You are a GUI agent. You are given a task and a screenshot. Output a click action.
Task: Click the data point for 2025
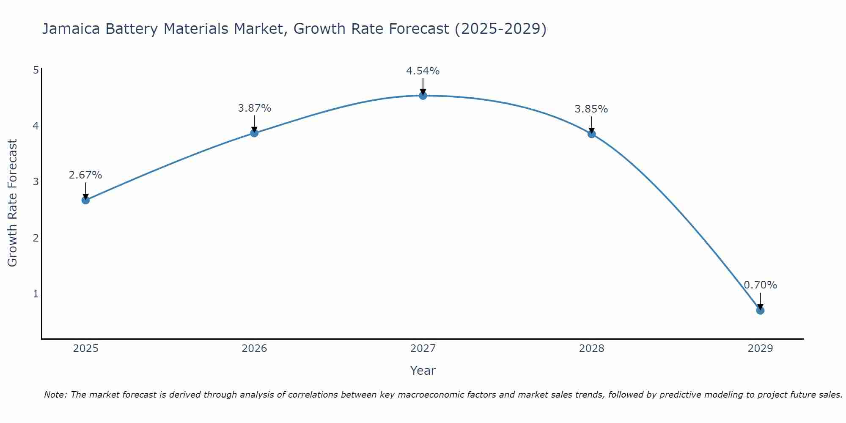85,200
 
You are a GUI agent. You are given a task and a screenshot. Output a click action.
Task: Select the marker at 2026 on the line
254,133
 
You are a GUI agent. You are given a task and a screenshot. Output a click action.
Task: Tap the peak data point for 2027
423,96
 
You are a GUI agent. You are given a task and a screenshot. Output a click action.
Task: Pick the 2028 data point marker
591,134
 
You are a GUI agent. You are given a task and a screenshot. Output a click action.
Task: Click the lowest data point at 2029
760,310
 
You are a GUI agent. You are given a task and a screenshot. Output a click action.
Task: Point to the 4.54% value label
423,71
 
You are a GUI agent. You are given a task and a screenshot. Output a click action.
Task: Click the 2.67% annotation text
85,175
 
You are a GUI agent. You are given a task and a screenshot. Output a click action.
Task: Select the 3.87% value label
254,108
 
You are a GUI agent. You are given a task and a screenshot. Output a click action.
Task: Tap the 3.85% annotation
591,109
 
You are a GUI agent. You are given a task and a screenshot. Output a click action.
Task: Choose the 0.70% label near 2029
760,285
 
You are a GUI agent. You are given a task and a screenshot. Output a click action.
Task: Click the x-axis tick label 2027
423,349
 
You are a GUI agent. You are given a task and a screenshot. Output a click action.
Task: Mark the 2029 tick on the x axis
760,349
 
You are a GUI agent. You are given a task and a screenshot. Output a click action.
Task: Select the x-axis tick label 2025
85,349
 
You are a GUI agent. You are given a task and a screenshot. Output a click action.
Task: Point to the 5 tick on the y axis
36,70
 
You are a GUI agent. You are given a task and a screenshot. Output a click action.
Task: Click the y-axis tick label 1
36,294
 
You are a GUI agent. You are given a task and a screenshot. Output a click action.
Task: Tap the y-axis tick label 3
36,182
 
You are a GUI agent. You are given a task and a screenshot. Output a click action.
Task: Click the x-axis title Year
423,371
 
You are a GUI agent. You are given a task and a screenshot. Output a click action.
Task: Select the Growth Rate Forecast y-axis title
13,203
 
